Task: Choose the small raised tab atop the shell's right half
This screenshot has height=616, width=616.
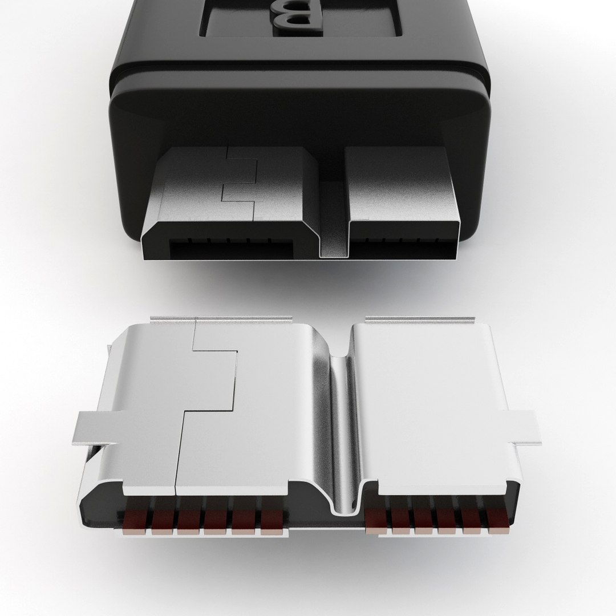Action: tap(422, 319)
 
